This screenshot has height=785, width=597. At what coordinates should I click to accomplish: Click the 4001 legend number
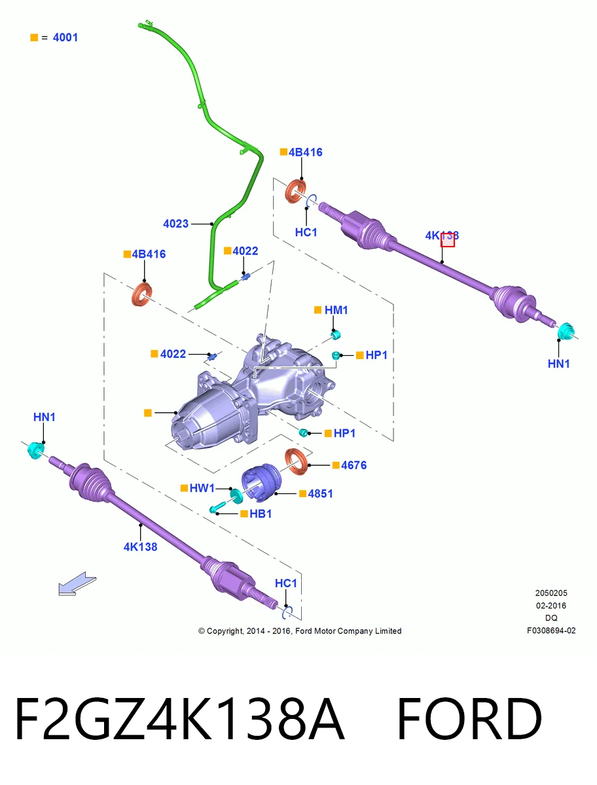65,37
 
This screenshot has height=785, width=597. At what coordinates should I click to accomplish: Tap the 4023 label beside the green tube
175,224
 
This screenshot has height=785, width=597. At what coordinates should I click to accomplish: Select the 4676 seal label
353,465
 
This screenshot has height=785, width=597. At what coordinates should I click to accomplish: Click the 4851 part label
320,493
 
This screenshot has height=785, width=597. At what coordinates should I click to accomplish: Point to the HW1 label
202,488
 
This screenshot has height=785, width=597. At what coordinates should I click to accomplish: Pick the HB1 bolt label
261,514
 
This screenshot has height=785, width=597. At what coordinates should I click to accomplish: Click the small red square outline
448,240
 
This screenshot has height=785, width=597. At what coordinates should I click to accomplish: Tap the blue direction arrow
77,584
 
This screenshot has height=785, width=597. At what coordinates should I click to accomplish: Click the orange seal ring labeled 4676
297,462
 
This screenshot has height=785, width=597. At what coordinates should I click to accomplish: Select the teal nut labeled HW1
236,495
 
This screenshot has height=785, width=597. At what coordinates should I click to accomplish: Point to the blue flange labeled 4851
261,482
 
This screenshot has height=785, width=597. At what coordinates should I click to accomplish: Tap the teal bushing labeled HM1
336,335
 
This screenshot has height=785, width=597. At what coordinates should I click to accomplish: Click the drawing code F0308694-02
551,631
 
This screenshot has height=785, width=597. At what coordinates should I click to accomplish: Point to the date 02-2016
551,606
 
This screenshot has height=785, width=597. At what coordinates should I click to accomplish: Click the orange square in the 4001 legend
34,37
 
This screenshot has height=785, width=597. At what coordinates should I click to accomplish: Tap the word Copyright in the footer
225,631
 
